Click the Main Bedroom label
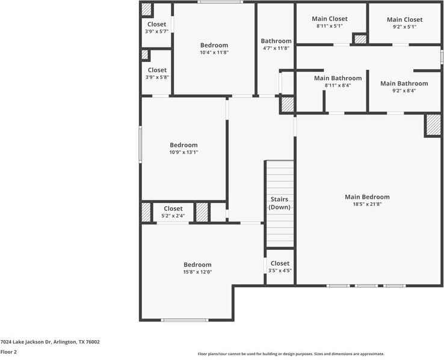pyautogui.click(x=367, y=197)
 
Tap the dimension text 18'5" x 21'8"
pyautogui.click(x=367, y=204)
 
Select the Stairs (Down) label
pyautogui.click(x=280, y=203)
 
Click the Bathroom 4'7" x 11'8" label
pyautogui.click(x=276, y=41)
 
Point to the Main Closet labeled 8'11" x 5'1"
pyautogui.click(x=329, y=19)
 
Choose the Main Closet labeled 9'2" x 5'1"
pyautogui.click(x=404, y=20)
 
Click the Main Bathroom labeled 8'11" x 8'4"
pyautogui.click(x=338, y=78)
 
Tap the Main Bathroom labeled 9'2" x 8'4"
pyautogui.click(x=404, y=84)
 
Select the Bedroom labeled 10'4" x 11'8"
pyautogui.click(x=214, y=45)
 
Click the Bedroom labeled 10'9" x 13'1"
pyautogui.click(x=183, y=145)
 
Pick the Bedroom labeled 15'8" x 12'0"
pyautogui.click(x=197, y=265)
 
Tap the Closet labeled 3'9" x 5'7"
pyautogui.click(x=156, y=25)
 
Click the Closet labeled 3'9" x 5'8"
pyautogui.click(x=157, y=70)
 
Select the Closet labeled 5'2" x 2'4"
pyautogui.click(x=173, y=209)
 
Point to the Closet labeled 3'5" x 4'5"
pyautogui.click(x=280, y=263)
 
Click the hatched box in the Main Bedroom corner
pyautogui.click(x=433, y=125)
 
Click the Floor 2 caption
pyautogui.click(x=8, y=352)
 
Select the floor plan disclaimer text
pyautogui.click(x=291, y=354)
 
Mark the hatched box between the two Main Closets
pyautogui.click(x=360, y=39)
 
